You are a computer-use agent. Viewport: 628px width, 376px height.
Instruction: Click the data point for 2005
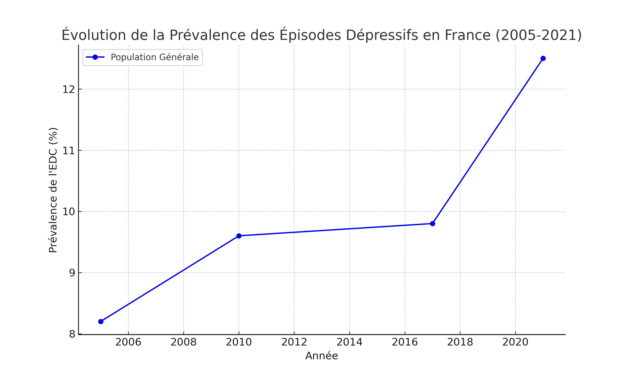[101, 321]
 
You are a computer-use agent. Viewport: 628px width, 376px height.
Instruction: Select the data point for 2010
[239, 236]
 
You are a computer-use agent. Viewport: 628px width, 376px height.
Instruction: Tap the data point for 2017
[432, 224]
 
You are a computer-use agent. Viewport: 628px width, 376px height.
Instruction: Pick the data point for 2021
[543, 58]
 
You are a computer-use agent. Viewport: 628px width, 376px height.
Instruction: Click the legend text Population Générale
[154, 57]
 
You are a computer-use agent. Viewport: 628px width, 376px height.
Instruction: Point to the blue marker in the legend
[95, 57]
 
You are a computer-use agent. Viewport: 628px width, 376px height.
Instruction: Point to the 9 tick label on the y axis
[72, 273]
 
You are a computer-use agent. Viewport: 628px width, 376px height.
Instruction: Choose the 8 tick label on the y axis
[72, 334]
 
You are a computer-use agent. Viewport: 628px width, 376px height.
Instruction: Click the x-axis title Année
[322, 356]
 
